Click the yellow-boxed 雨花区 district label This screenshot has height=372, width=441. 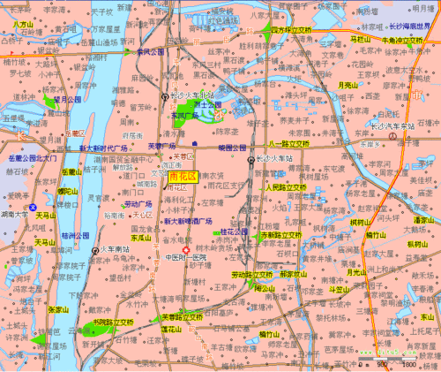coord(182,177)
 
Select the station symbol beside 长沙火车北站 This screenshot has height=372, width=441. coord(165,96)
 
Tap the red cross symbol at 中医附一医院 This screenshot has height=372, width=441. coord(186,250)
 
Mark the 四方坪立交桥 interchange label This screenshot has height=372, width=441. coord(292,30)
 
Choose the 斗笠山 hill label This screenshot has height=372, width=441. coord(340,289)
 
